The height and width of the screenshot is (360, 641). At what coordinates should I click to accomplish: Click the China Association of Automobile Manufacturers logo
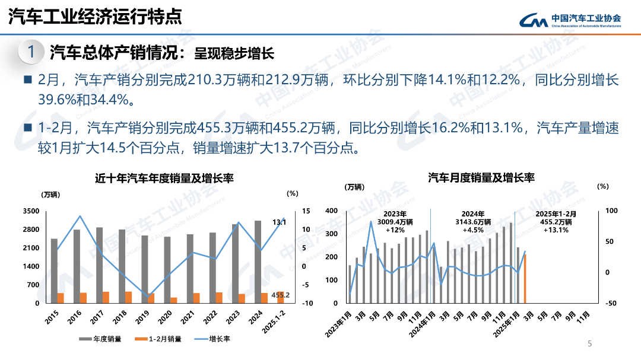[570, 20]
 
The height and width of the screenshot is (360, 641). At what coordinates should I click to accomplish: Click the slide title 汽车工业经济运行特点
[95, 17]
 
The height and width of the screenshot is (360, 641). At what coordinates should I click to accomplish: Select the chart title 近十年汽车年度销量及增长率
[164, 178]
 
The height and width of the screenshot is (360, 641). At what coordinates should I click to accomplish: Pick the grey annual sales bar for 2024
[258, 261]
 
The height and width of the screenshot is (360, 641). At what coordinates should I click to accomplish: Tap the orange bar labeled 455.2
[280, 298]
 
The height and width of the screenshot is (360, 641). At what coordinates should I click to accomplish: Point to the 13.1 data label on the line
[279, 222]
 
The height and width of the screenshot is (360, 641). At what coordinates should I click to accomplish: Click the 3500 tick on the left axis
[31, 211]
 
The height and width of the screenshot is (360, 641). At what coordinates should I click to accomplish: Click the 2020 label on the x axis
[166, 317]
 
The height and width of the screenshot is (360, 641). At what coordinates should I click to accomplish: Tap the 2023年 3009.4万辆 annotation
[395, 222]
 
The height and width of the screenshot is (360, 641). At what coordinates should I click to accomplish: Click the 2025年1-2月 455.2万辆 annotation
[556, 222]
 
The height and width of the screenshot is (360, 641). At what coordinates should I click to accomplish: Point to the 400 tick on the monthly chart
[332, 211]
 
